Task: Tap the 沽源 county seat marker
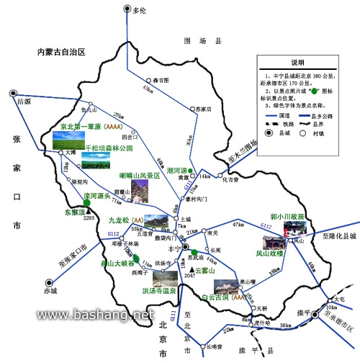coord(14,92)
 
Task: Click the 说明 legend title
coord(297,62)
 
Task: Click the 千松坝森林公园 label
coord(109,149)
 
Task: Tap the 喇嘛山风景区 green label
coord(138,175)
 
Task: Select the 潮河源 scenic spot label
coord(177,170)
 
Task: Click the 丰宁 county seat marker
coord(185,247)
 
